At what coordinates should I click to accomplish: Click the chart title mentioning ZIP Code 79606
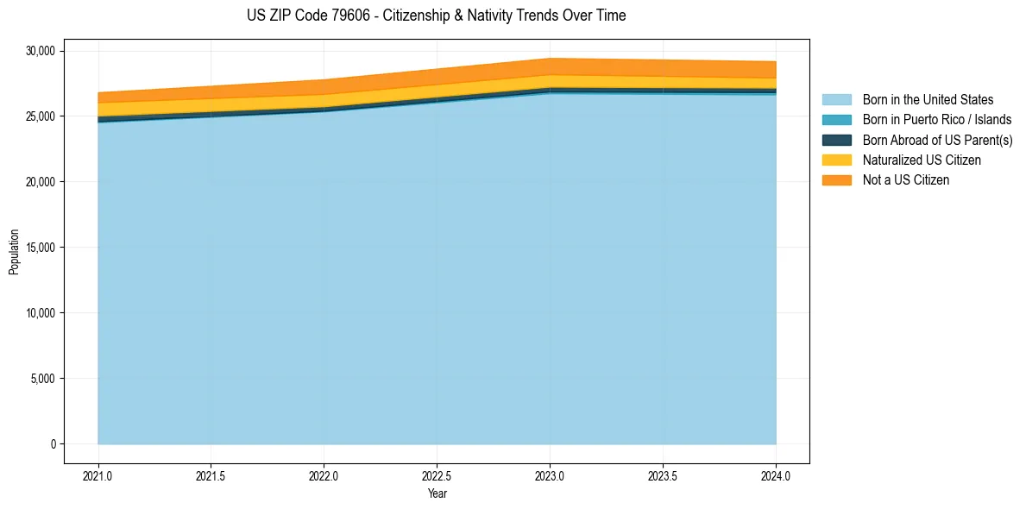(x=436, y=16)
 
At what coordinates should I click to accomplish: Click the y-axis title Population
(x=14, y=251)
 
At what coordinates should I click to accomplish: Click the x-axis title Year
(x=437, y=493)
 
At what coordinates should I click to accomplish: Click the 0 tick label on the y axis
(x=52, y=444)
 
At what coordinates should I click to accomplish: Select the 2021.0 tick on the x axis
(x=98, y=475)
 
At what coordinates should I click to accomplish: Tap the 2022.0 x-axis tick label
(x=324, y=475)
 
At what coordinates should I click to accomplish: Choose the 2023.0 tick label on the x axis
(x=550, y=475)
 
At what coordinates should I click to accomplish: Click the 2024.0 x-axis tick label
(x=776, y=475)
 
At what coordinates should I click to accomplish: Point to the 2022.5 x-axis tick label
(x=437, y=475)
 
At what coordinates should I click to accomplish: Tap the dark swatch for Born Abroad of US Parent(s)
(x=836, y=140)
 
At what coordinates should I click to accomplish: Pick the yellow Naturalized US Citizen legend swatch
(x=836, y=160)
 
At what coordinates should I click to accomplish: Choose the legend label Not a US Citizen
(x=906, y=180)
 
